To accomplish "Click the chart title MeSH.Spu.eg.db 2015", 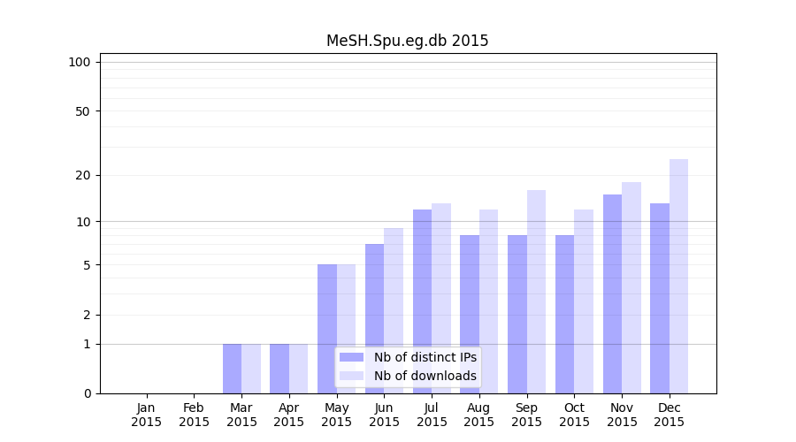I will (407, 41).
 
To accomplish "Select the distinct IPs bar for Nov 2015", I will (612, 293).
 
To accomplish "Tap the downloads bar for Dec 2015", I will (678, 276).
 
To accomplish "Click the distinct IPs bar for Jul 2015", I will (422, 301).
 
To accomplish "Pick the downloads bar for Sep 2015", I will (536, 292).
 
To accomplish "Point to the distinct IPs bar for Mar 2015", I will (232, 369).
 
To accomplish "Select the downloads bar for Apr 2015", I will (298, 369).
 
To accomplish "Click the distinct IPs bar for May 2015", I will (327, 329).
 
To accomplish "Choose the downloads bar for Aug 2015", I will (488, 301).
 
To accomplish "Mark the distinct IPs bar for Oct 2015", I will (564, 314).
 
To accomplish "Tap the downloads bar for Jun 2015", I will (394, 310).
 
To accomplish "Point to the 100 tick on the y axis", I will (80, 62).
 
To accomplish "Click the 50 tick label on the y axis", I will (83, 111).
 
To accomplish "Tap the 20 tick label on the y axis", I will (83, 175).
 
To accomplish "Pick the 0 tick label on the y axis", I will (87, 393).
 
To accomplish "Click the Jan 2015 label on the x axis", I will (147, 415).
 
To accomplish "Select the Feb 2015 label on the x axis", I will (194, 415).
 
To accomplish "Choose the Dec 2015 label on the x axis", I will (669, 415).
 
